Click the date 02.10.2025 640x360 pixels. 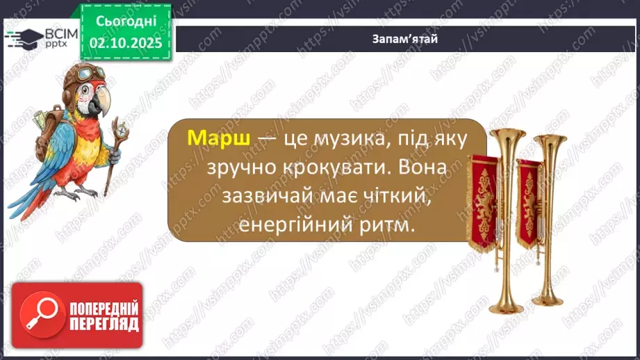(x=125, y=43)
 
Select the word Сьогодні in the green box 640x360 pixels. (x=125, y=23)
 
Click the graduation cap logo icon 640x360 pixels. (x=22, y=38)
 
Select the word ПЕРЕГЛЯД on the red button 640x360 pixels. (x=95, y=324)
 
